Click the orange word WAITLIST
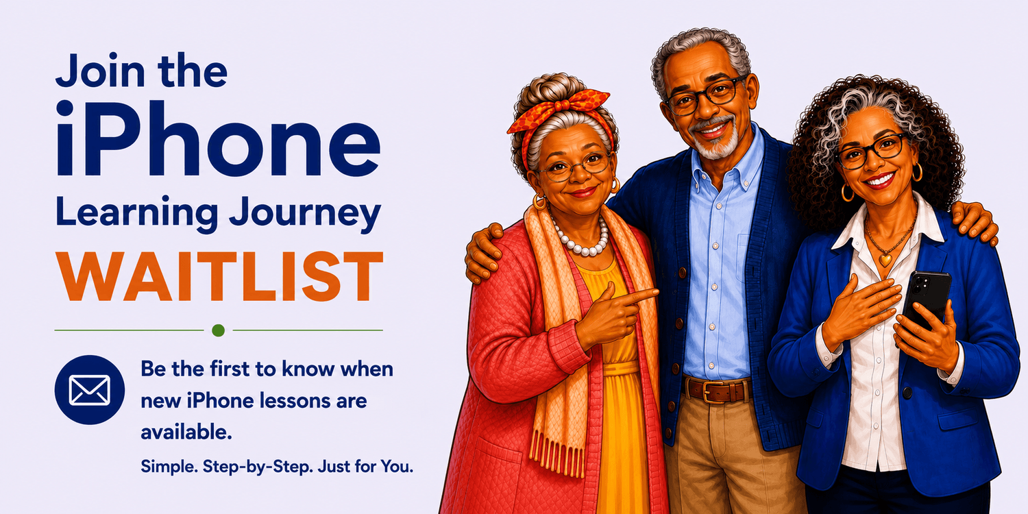click(219, 276)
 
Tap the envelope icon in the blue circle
click(90, 390)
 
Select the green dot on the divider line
click(219, 330)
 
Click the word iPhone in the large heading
click(218, 138)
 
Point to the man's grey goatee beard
click(717, 140)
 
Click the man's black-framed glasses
click(705, 97)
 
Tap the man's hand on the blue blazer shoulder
click(974, 223)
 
